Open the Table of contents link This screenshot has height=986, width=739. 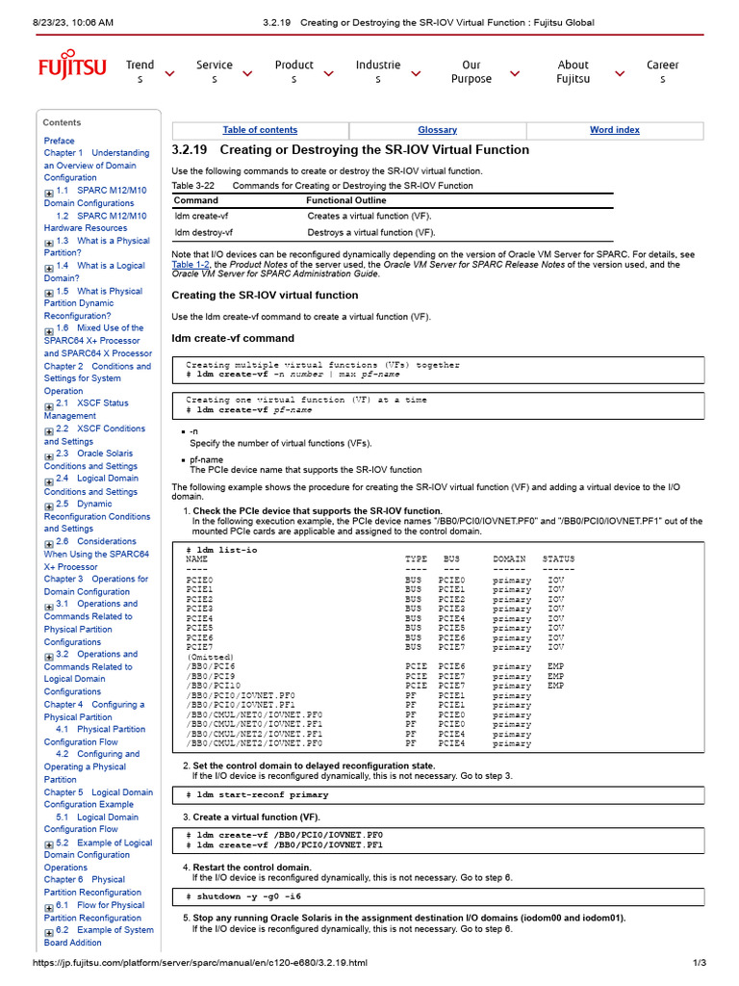(x=260, y=130)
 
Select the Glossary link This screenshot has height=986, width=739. (x=437, y=130)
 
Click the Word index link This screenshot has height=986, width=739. (x=614, y=130)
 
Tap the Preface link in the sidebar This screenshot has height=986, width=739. (x=59, y=141)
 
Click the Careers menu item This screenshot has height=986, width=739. (x=662, y=72)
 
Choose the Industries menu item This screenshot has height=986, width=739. (x=377, y=72)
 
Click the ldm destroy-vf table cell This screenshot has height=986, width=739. (x=202, y=232)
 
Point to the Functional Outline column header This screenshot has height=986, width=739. (x=344, y=200)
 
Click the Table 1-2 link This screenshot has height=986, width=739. (x=190, y=264)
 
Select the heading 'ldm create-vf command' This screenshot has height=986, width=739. (x=233, y=338)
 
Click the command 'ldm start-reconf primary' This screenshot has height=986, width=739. (x=262, y=795)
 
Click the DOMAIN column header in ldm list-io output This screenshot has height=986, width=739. (x=509, y=559)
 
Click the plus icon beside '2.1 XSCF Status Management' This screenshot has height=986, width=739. (x=49, y=405)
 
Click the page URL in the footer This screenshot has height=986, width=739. (x=200, y=963)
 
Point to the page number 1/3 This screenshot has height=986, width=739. (x=700, y=963)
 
